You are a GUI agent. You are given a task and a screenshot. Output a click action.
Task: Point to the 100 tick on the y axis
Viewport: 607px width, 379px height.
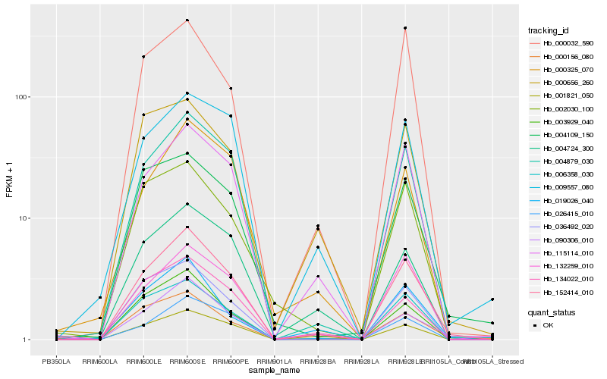click(21, 97)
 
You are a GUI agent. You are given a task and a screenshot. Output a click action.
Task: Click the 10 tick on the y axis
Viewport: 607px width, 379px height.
click(24, 218)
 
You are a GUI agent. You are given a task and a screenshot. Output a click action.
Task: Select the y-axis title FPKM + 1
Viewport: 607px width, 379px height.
click(9, 180)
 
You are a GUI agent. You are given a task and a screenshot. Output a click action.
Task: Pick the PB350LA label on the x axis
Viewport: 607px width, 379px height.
click(56, 362)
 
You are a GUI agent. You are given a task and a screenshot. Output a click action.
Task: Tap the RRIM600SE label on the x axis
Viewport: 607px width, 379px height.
click(187, 362)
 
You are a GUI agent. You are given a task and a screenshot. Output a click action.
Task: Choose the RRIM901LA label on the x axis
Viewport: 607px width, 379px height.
click(273, 362)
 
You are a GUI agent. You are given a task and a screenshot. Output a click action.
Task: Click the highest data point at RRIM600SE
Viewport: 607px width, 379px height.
click(187, 20)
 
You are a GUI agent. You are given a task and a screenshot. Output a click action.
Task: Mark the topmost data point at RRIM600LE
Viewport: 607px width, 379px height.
click(143, 57)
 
